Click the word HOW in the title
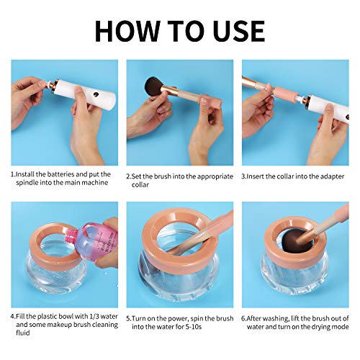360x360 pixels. [x=127, y=30]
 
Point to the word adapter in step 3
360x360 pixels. [x=327, y=175]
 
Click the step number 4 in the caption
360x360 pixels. [x=13, y=315]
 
